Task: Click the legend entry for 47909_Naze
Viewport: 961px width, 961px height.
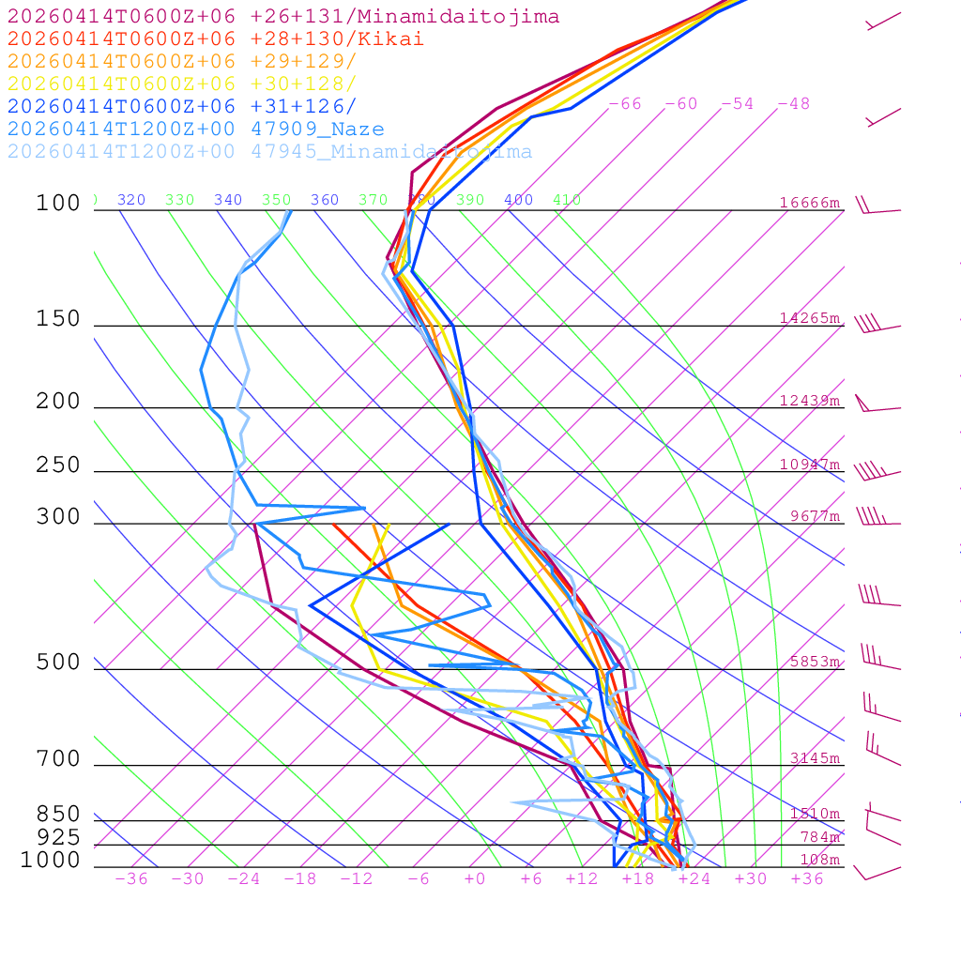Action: coord(195,130)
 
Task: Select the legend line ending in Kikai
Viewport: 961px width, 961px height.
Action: coord(215,39)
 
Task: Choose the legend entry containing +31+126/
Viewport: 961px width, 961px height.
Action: coord(182,107)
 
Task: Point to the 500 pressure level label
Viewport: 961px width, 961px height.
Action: coord(58,664)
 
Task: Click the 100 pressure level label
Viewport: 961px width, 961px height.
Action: coord(58,204)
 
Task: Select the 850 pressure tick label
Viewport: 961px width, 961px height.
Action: coord(58,815)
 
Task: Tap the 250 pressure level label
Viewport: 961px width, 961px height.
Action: coord(58,465)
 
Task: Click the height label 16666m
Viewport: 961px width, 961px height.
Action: coord(809,203)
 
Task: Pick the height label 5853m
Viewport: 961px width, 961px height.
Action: coord(814,662)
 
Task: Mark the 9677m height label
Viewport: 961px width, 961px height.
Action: coord(814,516)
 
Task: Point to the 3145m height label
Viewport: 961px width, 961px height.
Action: coord(814,758)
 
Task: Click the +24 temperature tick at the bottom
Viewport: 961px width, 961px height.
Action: coord(694,879)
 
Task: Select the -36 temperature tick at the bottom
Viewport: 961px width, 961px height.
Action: coord(131,879)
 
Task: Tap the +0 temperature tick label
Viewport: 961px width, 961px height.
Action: coord(474,879)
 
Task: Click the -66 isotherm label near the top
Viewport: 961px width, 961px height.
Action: coord(624,104)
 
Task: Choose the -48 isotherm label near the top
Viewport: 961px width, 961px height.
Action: coord(793,104)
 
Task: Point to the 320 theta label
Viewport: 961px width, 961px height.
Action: coord(130,200)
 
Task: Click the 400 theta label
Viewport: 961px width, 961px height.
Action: coord(518,200)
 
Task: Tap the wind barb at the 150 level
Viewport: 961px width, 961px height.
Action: coord(877,325)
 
